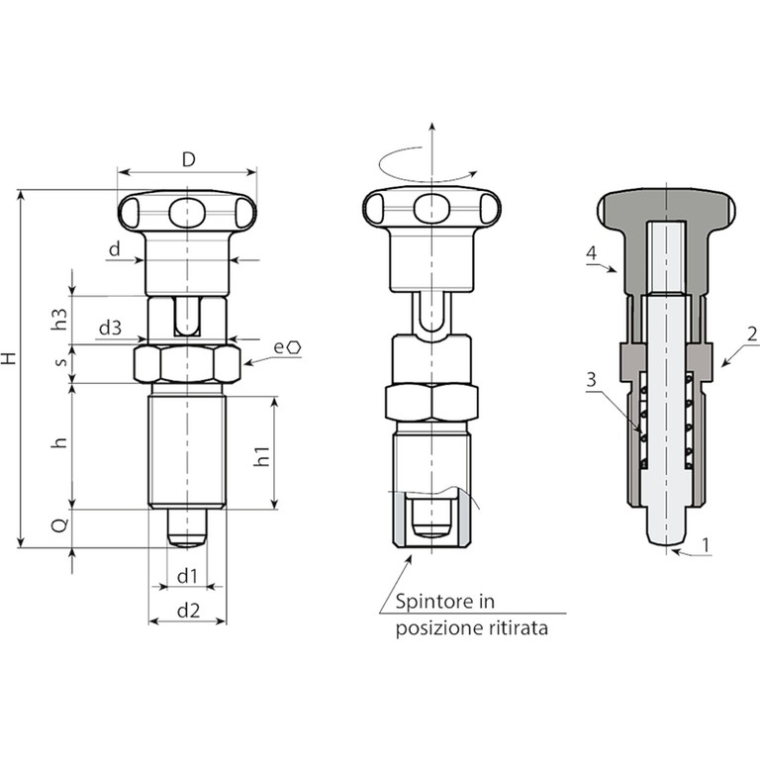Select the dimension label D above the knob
pos(189,159)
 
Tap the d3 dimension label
pos(110,329)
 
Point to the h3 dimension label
pos(59,319)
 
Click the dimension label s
pos(61,361)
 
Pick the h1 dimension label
pos(261,457)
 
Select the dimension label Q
pos(60,525)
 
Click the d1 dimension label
pos(187,576)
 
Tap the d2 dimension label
pos(188,611)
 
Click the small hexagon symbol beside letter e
pos(295,347)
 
